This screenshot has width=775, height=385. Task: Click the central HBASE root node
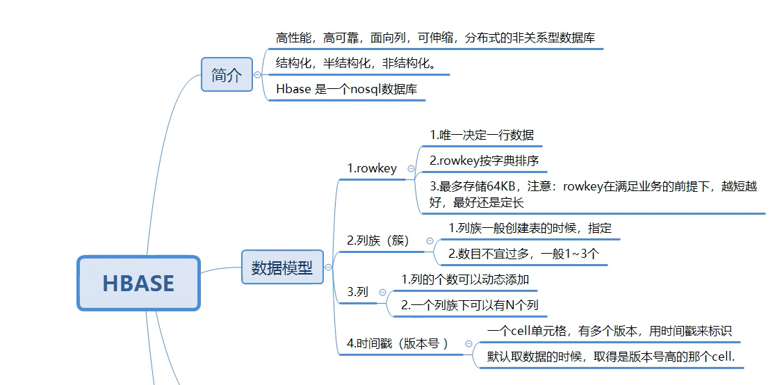point(138,283)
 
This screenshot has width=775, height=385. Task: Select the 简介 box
point(227,74)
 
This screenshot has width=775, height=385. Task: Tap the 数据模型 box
point(282,268)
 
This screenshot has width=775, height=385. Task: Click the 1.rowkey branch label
point(372,168)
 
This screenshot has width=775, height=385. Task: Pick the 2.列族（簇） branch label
point(379,240)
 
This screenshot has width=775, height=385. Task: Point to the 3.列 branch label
point(357,293)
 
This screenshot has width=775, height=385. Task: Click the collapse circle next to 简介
point(258,74)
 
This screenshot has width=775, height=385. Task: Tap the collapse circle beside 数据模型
point(328,267)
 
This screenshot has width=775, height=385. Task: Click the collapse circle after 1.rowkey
point(411,169)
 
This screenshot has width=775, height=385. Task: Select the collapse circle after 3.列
point(382,293)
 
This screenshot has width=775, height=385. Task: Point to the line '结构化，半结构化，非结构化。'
point(356,63)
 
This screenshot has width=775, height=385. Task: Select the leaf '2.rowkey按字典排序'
point(484,161)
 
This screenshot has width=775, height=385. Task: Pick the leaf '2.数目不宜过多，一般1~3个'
point(523,254)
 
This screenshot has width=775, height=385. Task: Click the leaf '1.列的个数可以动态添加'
point(466,279)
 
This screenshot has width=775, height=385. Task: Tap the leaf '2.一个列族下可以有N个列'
point(470,305)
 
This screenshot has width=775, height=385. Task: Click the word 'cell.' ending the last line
point(721,357)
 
